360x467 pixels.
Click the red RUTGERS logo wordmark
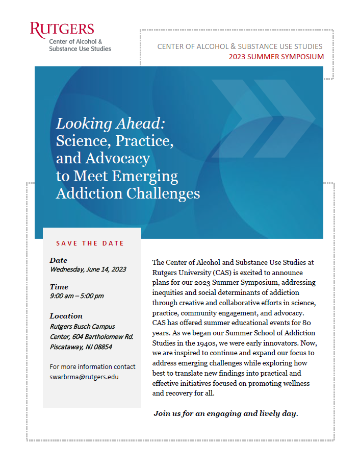(x=62, y=29)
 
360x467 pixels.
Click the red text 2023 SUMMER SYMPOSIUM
(x=276, y=57)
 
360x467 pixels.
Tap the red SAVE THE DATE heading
(x=90, y=243)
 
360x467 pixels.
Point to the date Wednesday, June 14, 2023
(x=88, y=269)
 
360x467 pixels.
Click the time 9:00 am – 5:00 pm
(x=76, y=296)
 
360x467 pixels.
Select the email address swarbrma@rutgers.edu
(x=84, y=376)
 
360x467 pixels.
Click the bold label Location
(x=66, y=316)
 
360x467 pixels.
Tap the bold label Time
(x=59, y=287)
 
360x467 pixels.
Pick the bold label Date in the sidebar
(x=58, y=260)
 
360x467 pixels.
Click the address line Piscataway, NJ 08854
(x=81, y=347)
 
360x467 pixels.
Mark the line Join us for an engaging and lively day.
(x=225, y=413)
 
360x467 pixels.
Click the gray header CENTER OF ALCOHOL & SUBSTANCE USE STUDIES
(x=240, y=46)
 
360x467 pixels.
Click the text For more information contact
(x=92, y=366)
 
